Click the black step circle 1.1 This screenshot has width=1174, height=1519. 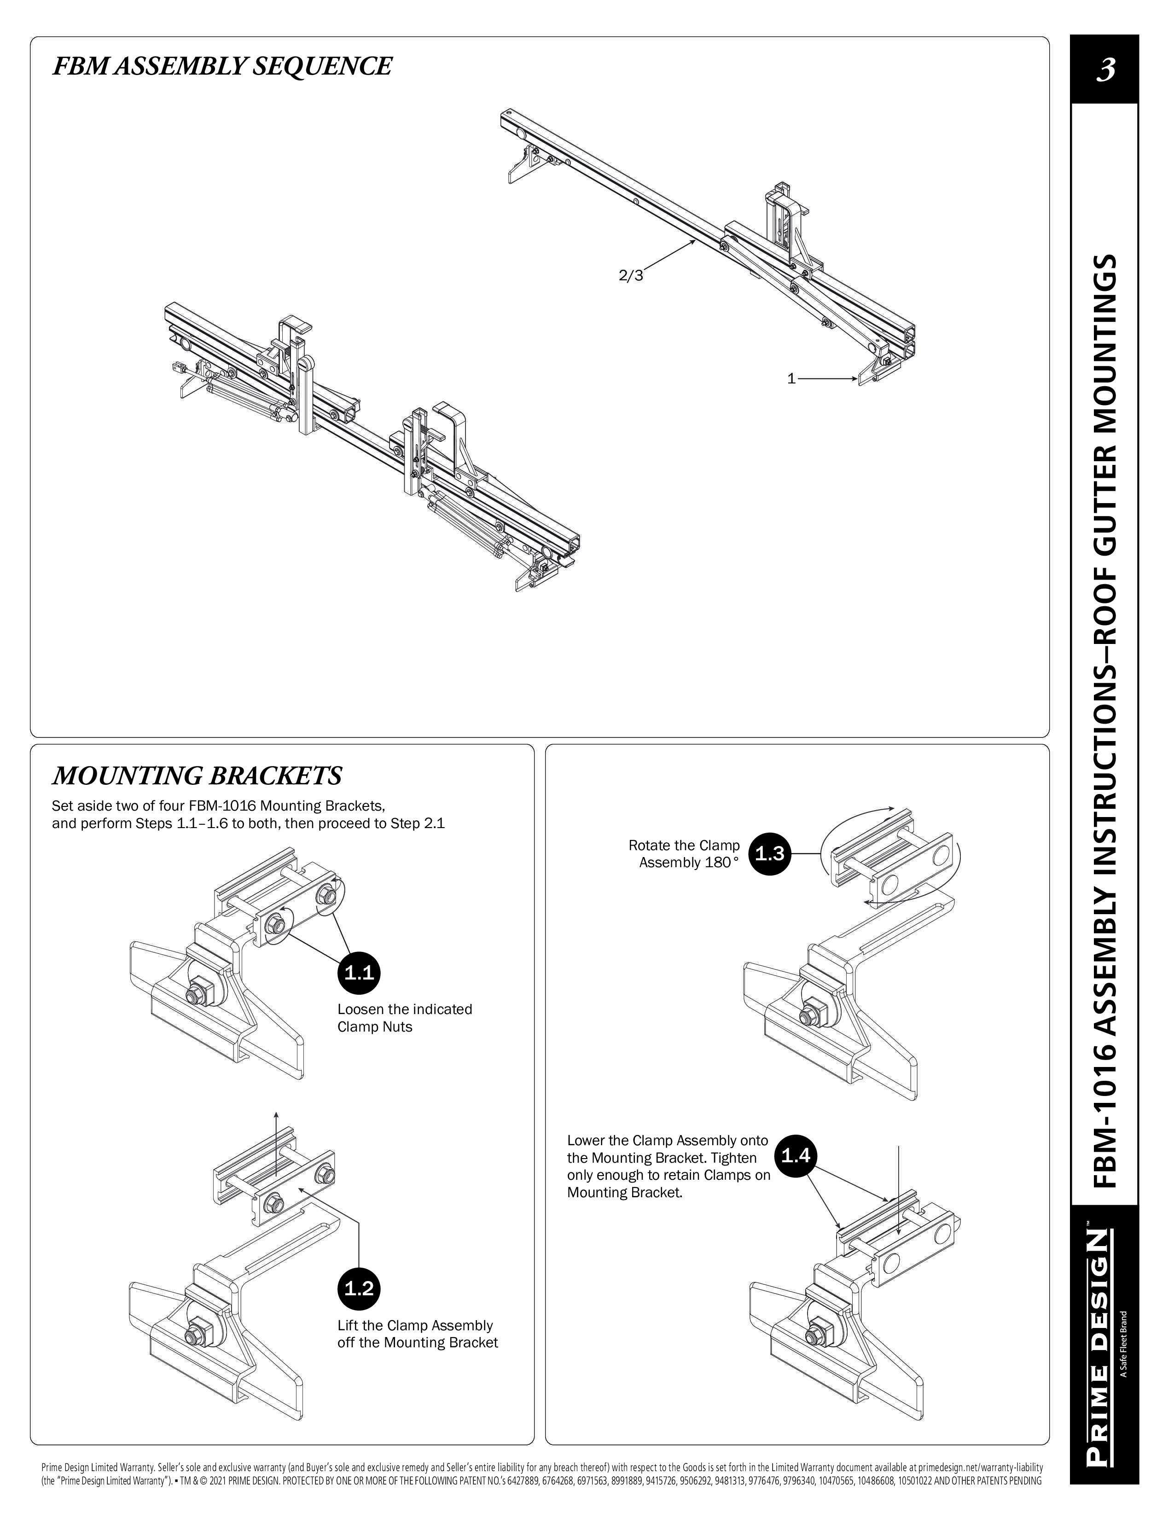pos(359,972)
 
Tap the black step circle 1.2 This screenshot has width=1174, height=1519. pos(359,1288)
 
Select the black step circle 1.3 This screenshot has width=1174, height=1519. pos(770,853)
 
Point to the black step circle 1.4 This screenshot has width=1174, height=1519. pos(796,1155)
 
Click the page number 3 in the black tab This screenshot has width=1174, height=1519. pos(1105,70)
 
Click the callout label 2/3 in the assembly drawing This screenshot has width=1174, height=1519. pos(631,275)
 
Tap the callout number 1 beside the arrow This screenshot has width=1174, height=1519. pos(791,379)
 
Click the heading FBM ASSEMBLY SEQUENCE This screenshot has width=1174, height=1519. pos(222,66)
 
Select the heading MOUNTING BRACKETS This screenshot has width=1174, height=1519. pos(198,775)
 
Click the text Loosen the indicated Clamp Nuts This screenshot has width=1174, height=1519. pos(404,1018)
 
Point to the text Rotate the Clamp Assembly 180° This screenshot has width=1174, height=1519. pos(684,854)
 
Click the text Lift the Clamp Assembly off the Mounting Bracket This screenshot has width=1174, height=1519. pos(417,1334)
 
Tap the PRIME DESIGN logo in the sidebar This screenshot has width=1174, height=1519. pos(1096,1349)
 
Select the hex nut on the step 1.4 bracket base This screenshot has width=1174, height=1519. pos(810,1336)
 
